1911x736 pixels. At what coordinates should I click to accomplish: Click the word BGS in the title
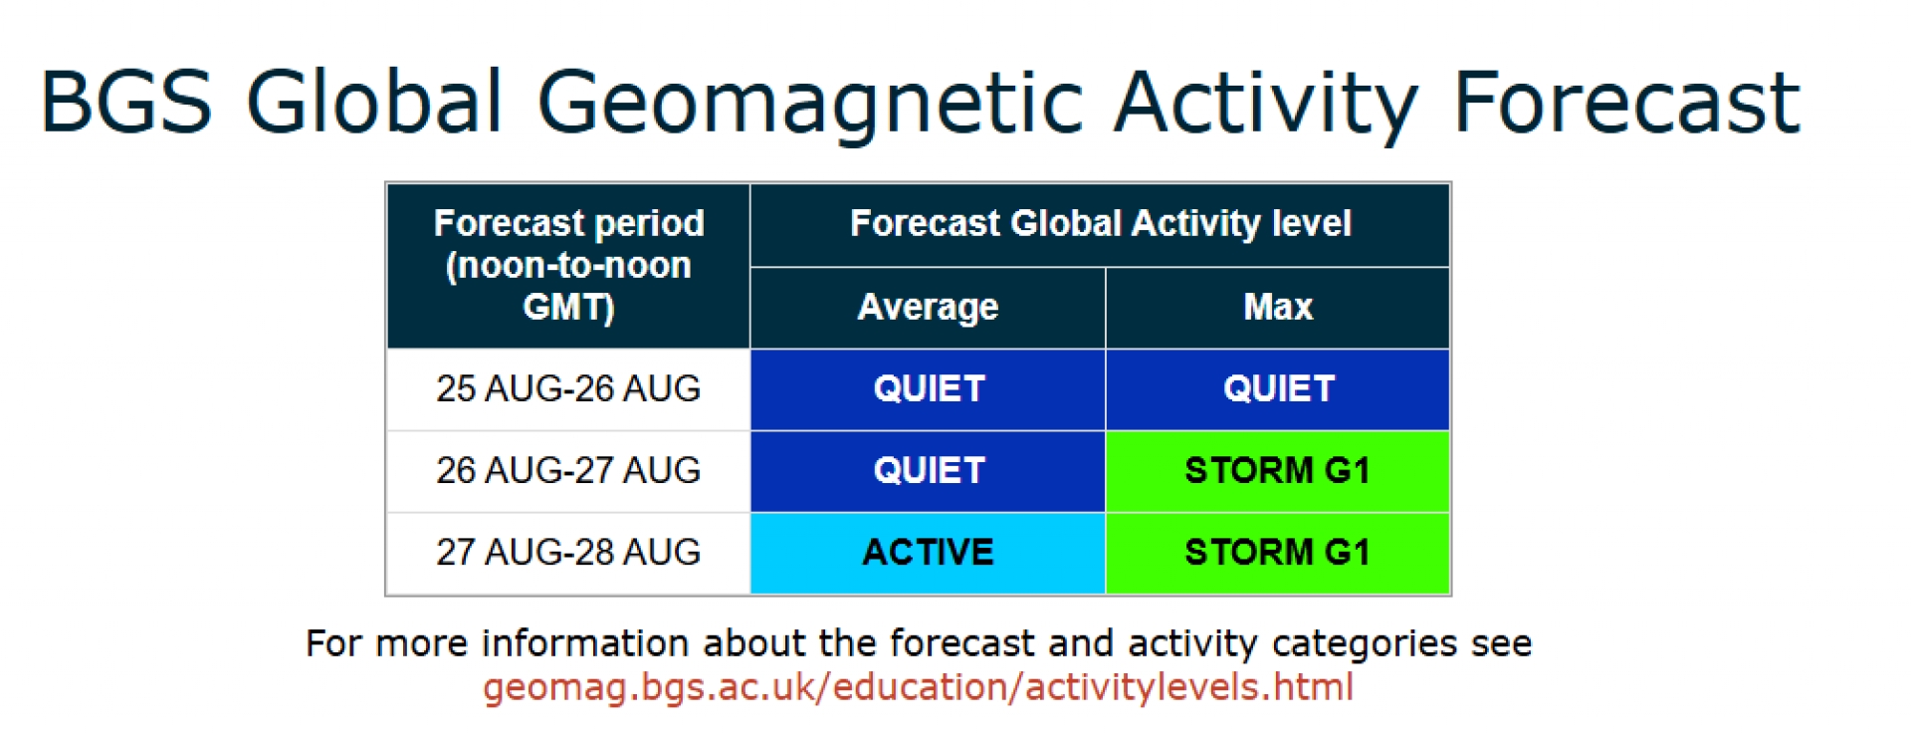(x=126, y=101)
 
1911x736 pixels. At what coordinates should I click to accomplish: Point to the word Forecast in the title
(x=1626, y=102)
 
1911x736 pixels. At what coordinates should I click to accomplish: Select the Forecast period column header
(x=568, y=266)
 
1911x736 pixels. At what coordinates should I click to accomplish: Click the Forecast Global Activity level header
(x=1100, y=225)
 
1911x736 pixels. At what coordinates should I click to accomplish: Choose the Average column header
(x=928, y=308)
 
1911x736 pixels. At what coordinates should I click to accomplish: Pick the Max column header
(x=1278, y=308)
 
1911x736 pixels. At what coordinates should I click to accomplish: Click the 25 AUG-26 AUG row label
(x=568, y=388)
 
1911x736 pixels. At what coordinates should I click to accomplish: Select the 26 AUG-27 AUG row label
(x=568, y=470)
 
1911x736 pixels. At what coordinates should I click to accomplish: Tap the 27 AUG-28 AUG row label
(x=568, y=552)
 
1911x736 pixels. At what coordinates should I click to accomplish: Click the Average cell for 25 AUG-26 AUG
(x=928, y=389)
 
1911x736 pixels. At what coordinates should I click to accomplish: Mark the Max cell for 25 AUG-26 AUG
(x=1278, y=389)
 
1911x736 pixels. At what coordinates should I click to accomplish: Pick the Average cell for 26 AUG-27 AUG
(x=928, y=471)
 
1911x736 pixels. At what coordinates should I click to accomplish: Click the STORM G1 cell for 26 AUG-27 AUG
(x=1278, y=471)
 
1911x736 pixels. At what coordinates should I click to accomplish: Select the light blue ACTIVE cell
(x=928, y=553)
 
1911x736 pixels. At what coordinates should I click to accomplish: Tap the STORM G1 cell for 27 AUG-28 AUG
(x=1278, y=553)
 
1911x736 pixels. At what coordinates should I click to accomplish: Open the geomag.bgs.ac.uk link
(x=918, y=688)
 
